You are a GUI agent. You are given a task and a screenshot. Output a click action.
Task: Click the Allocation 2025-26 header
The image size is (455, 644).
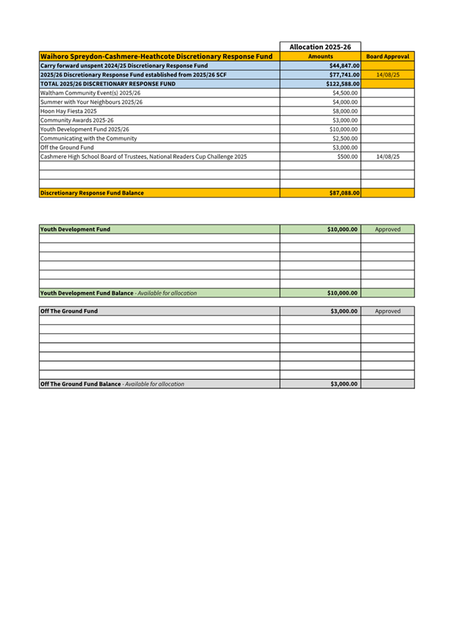[x=320, y=47]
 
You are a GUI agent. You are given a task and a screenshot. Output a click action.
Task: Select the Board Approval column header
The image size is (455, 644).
[x=388, y=57]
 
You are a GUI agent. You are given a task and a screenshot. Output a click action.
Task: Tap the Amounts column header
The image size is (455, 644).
[x=320, y=57]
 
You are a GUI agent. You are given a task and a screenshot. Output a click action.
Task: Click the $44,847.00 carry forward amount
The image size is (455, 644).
[x=344, y=66]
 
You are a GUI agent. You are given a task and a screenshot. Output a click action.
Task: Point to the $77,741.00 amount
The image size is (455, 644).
[x=344, y=75]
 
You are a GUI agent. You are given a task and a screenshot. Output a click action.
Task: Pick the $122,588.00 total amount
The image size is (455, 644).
[x=343, y=84]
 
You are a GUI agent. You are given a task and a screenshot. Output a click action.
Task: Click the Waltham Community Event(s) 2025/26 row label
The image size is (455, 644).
[x=90, y=93]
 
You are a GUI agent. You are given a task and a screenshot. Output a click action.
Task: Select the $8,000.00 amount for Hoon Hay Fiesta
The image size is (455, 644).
[x=345, y=111]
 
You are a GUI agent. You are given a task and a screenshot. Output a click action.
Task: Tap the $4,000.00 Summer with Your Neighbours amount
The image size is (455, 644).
[x=345, y=102]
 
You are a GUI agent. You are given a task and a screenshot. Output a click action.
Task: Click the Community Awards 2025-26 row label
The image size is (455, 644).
[x=77, y=120]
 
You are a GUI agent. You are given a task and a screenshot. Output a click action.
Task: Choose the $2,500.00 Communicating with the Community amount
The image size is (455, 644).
[x=345, y=138]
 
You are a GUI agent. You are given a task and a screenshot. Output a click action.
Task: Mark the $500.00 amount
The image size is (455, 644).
[x=348, y=156]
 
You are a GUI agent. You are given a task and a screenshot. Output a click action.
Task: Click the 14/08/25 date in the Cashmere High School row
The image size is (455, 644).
[x=388, y=156]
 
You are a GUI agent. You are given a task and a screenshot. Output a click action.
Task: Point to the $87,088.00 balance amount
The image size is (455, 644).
[x=344, y=193]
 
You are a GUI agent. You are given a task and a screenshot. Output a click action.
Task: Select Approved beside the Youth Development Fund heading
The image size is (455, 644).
[x=388, y=229]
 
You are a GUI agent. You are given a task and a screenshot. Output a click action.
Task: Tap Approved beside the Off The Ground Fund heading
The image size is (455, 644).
[x=388, y=312]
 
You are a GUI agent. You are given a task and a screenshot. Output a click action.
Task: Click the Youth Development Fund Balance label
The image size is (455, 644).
[x=86, y=293]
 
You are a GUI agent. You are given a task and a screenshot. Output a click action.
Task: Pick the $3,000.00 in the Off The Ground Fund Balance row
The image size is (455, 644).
[x=344, y=384]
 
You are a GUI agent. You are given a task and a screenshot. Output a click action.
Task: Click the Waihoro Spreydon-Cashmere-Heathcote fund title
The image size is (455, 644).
[x=156, y=57]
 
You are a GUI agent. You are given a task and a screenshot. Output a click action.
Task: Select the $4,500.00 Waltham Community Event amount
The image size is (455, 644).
[x=345, y=93]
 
